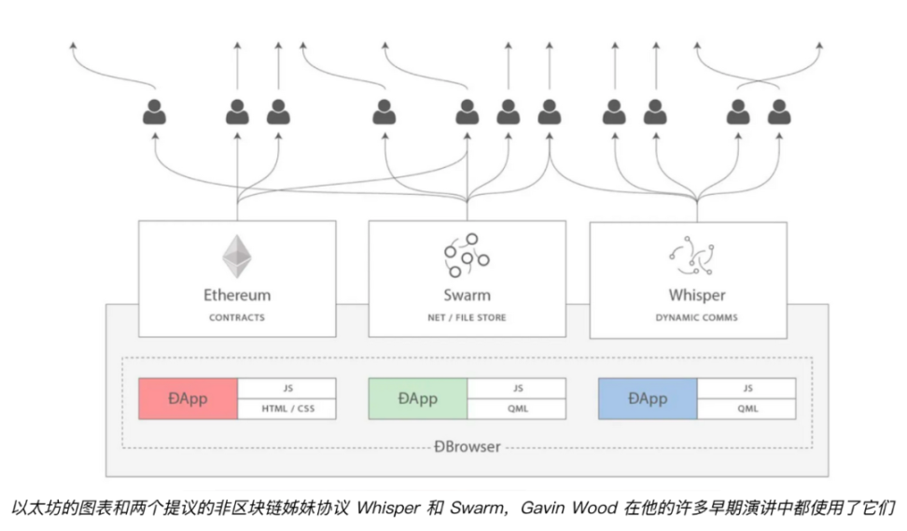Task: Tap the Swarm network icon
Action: (x=467, y=255)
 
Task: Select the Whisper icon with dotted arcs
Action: (x=696, y=255)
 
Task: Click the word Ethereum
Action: (x=237, y=296)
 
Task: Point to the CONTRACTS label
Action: (x=237, y=317)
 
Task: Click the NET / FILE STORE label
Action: (x=467, y=317)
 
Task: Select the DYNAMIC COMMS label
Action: (x=696, y=317)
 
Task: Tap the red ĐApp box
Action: (x=188, y=398)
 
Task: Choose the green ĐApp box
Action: (x=417, y=398)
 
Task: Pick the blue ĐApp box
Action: (x=647, y=398)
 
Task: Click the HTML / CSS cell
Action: (x=286, y=409)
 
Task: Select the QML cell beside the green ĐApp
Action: (x=517, y=409)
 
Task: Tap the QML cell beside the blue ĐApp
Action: (x=747, y=409)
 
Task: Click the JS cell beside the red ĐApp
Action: (x=286, y=388)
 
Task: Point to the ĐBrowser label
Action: (x=467, y=447)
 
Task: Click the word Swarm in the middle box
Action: (x=467, y=296)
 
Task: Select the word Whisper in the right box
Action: (x=696, y=296)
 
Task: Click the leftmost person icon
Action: (x=154, y=113)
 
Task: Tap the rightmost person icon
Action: (x=779, y=113)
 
